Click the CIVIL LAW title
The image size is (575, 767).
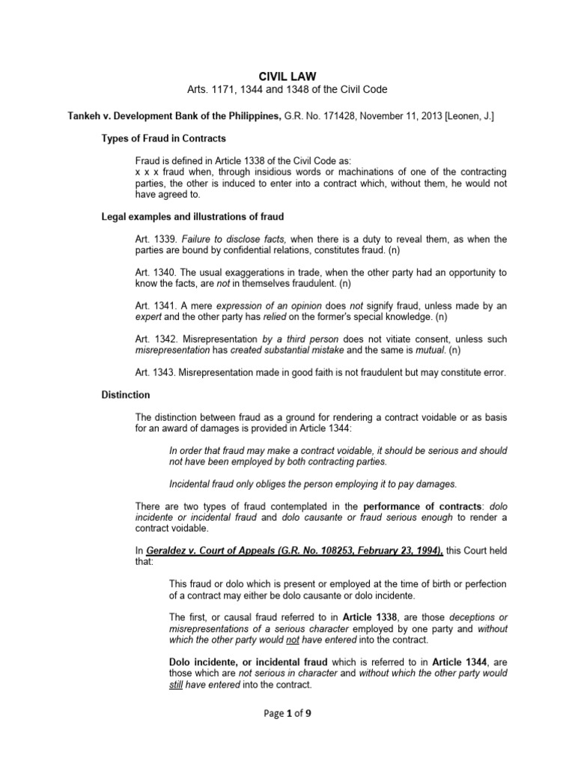[x=287, y=76]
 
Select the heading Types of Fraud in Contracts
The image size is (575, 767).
[x=163, y=139]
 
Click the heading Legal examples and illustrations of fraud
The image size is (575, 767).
[x=192, y=217]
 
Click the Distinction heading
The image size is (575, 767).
[x=125, y=394]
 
